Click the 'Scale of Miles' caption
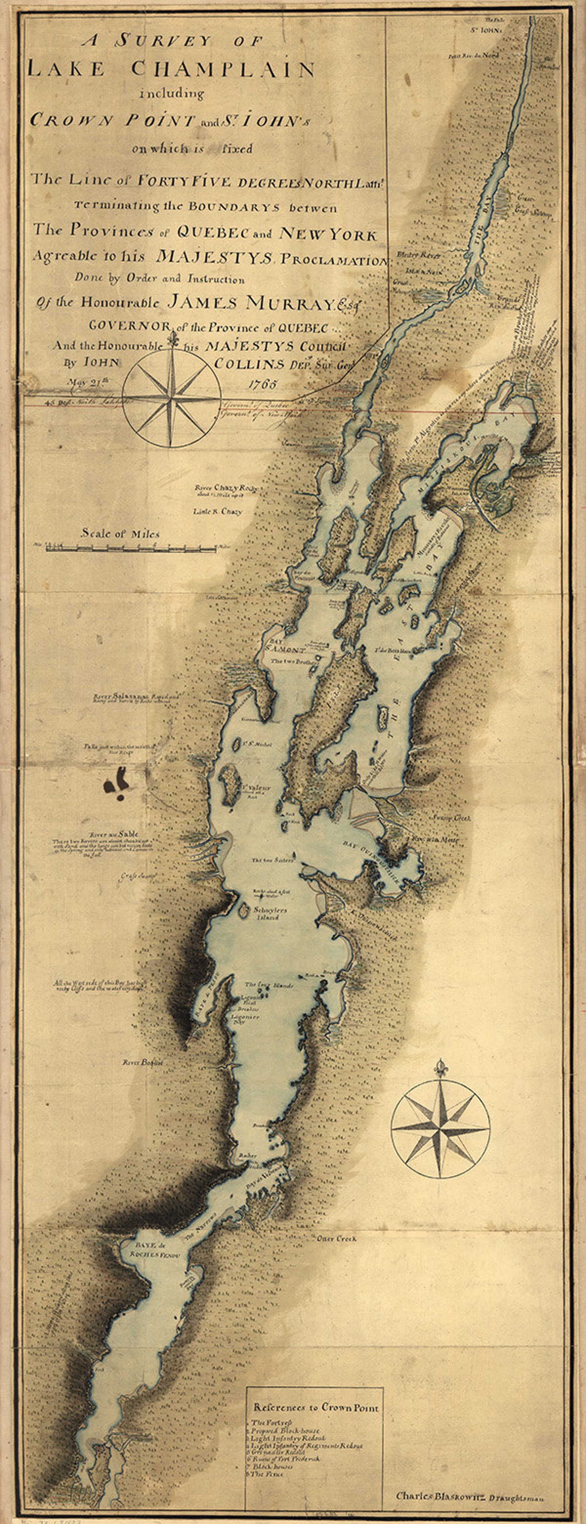pyautogui.click(x=120, y=534)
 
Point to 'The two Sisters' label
pyautogui.click(x=273, y=861)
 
